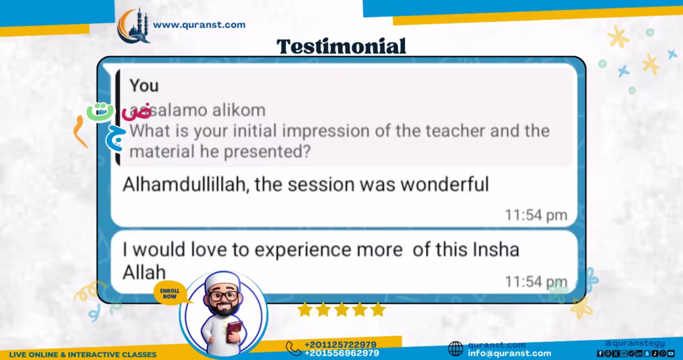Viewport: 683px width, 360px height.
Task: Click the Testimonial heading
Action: coord(341,46)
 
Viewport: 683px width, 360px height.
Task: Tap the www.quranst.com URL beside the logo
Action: coord(199,25)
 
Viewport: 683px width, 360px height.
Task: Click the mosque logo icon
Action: coord(134,26)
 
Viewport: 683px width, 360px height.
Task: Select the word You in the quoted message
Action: coord(144,85)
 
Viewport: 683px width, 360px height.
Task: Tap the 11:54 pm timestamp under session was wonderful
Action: coord(536,215)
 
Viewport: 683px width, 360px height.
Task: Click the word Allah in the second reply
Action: coord(144,272)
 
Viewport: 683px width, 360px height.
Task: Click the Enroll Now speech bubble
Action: coord(169,293)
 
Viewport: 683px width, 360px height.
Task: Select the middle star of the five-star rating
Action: coord(341,309)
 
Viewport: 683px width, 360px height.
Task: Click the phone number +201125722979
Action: coord(340,344)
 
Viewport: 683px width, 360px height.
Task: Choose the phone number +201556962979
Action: coord(341,353)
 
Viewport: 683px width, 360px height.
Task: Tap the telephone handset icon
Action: coord(293,348)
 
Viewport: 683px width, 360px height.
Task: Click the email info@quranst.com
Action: coord(510,353)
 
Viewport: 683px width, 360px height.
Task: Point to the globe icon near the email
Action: coord(456,349)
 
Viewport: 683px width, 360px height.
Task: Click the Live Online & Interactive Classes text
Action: coord(83,354)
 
